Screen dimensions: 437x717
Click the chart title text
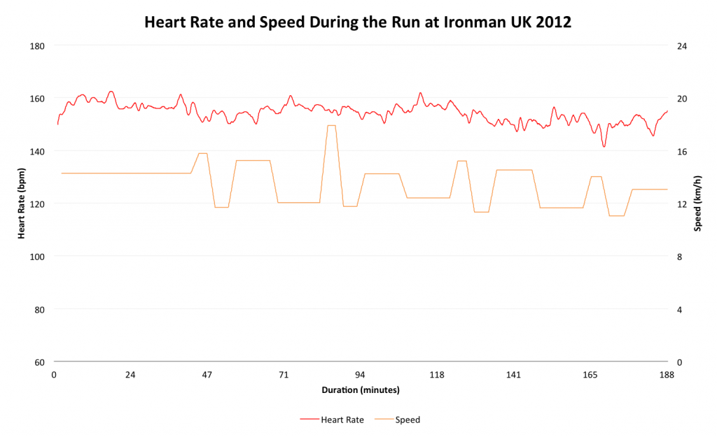(358, 22)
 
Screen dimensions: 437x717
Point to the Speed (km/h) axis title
(697, 203)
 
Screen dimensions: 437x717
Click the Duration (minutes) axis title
(361, 389)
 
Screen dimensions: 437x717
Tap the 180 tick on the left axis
(37, 46)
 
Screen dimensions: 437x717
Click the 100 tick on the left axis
(37, 257)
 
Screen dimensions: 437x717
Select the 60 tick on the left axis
(39, 362)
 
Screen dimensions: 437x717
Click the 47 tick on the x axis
(207, 375)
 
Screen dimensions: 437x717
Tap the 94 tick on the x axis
(361, 375)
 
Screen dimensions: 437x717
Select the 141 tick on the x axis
(513, 375)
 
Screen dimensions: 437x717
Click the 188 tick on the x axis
(667, 375)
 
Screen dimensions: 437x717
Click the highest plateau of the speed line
(331, 125)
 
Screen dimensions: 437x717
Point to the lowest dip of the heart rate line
(604, 146)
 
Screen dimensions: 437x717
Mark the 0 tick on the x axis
(54, 375)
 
